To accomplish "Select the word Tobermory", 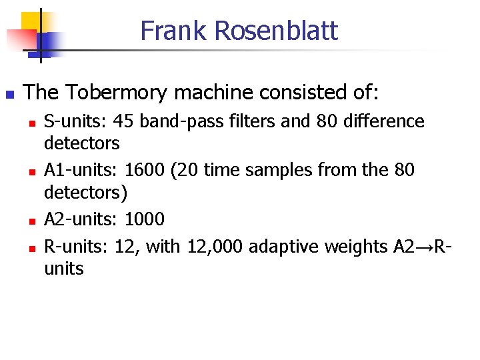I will [x=111, y=92].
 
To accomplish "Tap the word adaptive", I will [x=283, y=247].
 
